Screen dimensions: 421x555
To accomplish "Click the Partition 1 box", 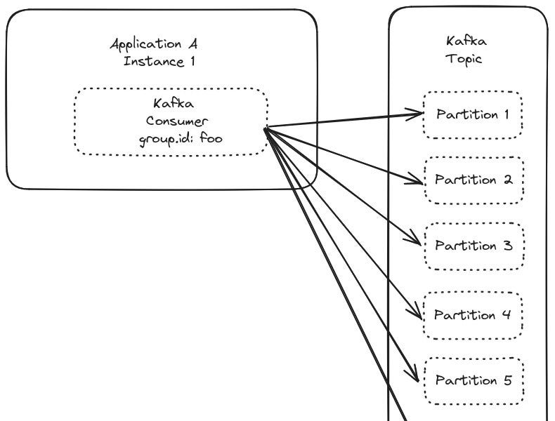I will (473, 114).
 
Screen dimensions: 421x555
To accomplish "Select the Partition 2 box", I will (474, 180).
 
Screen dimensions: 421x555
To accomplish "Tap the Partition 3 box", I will (474, 246).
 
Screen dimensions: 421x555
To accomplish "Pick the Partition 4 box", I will (474, 314).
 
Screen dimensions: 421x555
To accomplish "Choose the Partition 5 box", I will (474, 380).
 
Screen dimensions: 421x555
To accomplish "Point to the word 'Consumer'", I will (177, 120).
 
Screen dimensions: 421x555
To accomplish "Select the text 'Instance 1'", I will (159, 61).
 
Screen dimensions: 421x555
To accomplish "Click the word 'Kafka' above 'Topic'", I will (466, 42).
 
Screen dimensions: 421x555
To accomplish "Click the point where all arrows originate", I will (266, 128).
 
